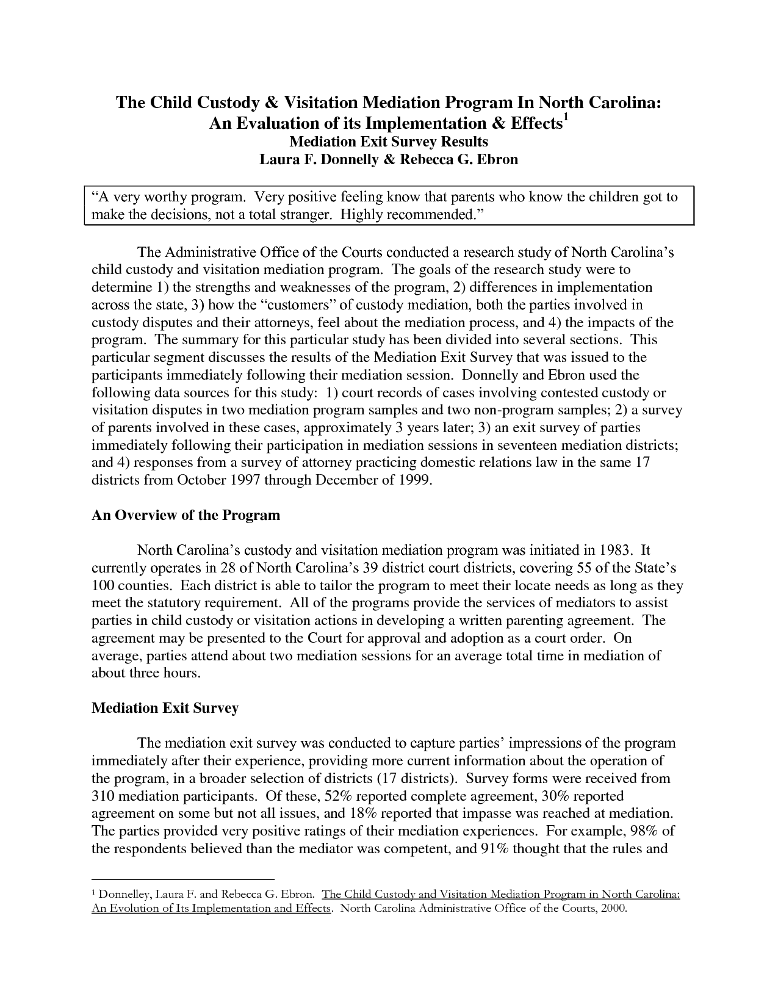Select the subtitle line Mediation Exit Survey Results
(388, 142)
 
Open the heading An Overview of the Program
(185, 515)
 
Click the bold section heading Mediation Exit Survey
(165, 708)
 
